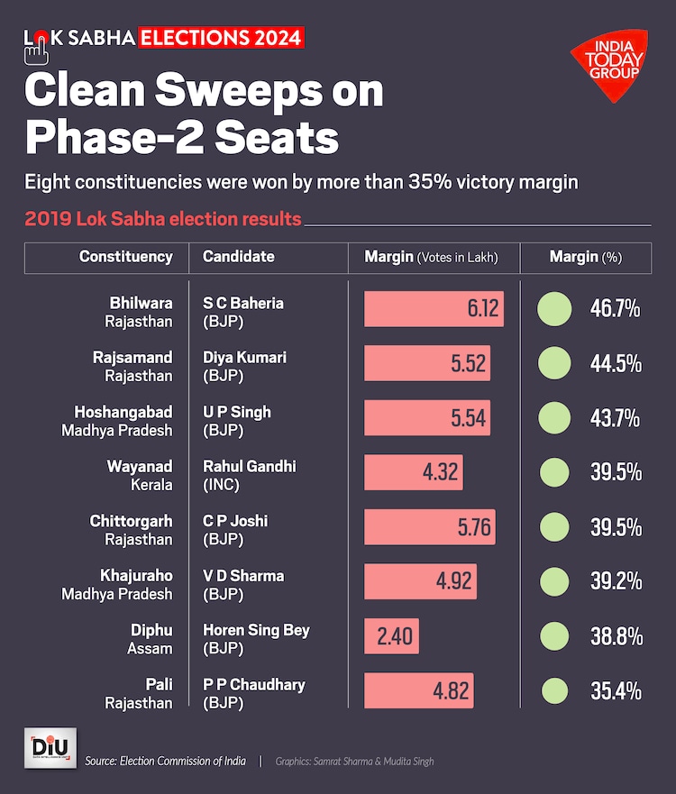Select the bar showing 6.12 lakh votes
click(434, 308)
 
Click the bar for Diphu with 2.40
click(391, 635)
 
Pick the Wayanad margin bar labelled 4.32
click(413, 472)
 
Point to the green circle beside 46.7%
click(554, 308)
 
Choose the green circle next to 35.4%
click(554, 690)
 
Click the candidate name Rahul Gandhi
click(249, 466)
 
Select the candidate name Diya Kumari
click(244, 357)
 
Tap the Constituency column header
click(126, 257)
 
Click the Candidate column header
click(239, 257)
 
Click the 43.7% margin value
click(616, 418)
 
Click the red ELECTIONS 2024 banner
click(221, 37)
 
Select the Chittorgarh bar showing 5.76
click(432, 526)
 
